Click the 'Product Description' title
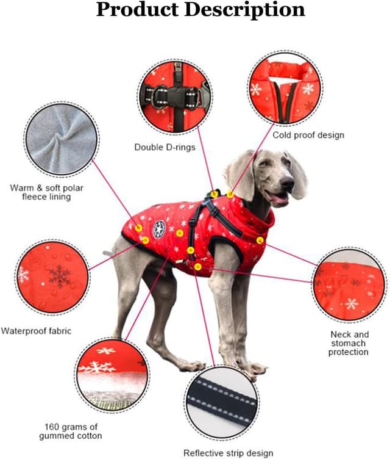point(200,11)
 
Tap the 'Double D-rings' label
point(165,147)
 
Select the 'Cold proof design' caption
point(308,135)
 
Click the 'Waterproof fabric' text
point(36,331)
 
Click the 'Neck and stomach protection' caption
point(349,343)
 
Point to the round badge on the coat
point(159,229)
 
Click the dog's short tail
point(108,253)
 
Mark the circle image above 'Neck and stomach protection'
point(349,284)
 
